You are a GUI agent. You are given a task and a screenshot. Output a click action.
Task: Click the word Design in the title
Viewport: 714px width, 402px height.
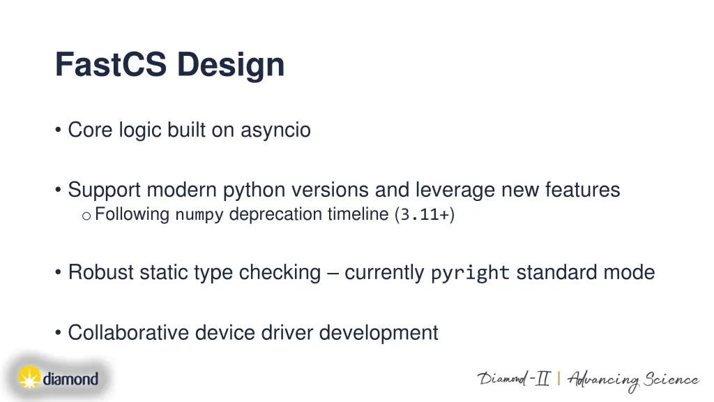click(x=230, y=66)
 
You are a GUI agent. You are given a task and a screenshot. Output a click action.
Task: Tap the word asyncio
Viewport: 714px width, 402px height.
click(x=275, y=131)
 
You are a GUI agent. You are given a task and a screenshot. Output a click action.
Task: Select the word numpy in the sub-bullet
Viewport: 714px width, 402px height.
click(x=199, y=215)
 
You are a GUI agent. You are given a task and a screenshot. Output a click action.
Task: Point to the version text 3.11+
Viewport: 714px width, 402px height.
click(x=425, y=215)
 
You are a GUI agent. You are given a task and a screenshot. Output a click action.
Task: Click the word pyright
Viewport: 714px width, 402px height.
click(x=470, y=273)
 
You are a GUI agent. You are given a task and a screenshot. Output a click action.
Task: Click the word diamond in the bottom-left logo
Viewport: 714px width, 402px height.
click(x=70, y=380)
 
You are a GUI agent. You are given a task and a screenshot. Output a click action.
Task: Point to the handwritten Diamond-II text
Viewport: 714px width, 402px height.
click(x=513, y=379)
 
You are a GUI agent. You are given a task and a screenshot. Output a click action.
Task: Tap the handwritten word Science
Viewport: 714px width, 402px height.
click(x=671, y=380)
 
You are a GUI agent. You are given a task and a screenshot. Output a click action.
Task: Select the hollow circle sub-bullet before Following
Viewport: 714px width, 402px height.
click(x=86, y=216)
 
